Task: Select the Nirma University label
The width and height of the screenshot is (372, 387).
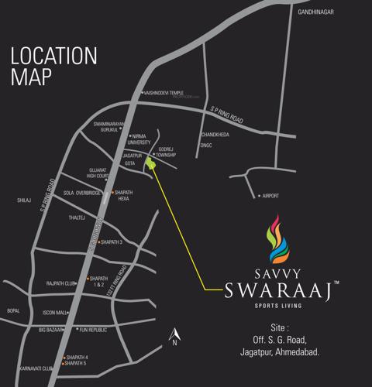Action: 139,139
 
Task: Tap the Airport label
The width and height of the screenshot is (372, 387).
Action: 270,196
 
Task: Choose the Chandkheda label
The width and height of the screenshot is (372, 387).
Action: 215,135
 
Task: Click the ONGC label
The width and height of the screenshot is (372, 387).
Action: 205,145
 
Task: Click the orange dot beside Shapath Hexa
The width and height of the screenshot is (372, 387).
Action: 112,192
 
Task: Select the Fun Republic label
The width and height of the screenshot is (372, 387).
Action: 91,330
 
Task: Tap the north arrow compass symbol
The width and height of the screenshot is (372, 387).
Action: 176,334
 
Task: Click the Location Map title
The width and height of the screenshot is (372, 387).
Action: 53,66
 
